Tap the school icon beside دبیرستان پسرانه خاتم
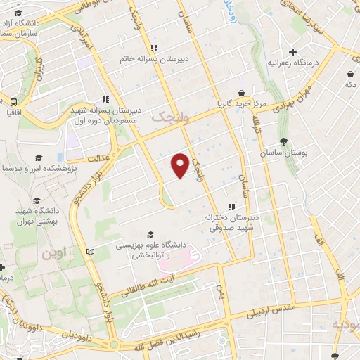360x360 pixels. pyautogui.click(x=154, y=49)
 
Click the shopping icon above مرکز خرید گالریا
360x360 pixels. pyautogui.click(x=241, y=92)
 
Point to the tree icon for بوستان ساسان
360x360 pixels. pyautogui.click(x=283, y=141)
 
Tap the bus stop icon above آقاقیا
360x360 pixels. pyautogui.click(x=13, y=99)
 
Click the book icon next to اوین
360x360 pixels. pyautogui.click(x=88, y=251)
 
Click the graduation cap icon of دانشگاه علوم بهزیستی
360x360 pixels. pyautogui.click(x=149, y=235)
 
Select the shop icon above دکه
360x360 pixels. pyautogui.click(x=349, y=73)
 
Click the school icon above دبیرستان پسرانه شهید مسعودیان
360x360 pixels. pyautogui.click(x=105, y=99)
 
